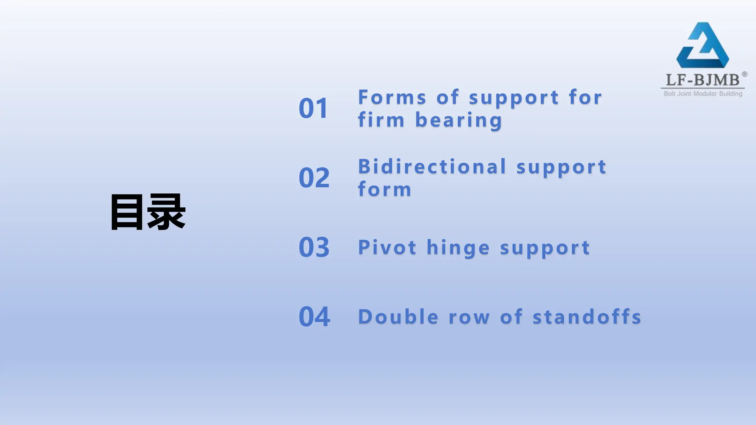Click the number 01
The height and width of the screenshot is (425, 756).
point(313,108)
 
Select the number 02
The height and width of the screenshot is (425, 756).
point(314,178)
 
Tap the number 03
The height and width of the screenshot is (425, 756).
point(314,247)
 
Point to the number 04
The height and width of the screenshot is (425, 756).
point(314,317)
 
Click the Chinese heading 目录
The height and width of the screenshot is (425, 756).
point(148,212)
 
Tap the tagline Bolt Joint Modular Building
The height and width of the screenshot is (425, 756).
point(703,94)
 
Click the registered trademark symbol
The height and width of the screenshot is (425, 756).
point(745,74)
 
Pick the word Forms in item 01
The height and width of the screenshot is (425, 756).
point(392,97)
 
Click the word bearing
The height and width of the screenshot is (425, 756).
point(459,120)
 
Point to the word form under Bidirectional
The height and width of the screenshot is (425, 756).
point(384,189)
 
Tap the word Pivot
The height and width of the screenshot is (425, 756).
point(387,247)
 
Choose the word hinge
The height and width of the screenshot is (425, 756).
point(458,248)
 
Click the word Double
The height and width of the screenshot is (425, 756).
point(398,317)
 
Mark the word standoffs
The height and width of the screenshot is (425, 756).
point(587,317)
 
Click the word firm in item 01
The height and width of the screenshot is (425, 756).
point(381,120)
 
